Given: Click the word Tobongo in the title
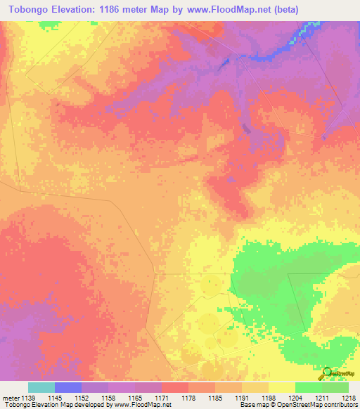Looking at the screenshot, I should click(29, 10).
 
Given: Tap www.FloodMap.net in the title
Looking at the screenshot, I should click(225, 10).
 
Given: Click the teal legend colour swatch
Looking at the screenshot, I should click(41, 387).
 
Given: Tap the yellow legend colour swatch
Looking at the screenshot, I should click(281, 387).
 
